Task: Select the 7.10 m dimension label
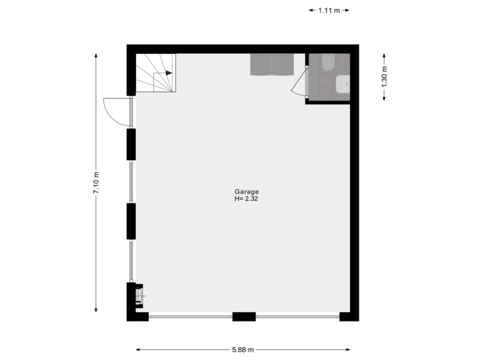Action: [96, 181]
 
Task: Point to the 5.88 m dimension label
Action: [243, 349]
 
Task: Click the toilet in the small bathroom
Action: [328, 62]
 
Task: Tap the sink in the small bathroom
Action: [343, 85]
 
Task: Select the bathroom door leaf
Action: [299, 83]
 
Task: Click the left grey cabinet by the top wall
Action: [261, 65]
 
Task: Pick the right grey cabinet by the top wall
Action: [283, 65]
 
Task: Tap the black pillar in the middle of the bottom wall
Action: [243, 317]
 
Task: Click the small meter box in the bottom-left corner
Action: [139, 295]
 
